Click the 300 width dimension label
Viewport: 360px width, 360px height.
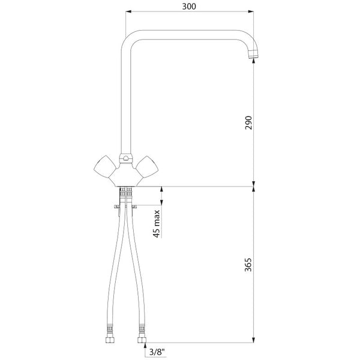coord(189,7)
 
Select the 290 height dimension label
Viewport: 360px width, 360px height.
coord(248,123)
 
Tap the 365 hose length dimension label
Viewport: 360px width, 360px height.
coord(248,265)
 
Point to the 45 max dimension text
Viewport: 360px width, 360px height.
coord(157,224)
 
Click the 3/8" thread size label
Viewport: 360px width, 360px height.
coord(157,352)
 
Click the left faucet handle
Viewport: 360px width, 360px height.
coord(104,166)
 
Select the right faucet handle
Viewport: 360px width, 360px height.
coord(147,167)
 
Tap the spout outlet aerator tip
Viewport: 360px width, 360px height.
coord(253,53)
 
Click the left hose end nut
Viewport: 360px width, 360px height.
coord(110,340)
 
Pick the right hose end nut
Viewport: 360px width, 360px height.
coord(142,340)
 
